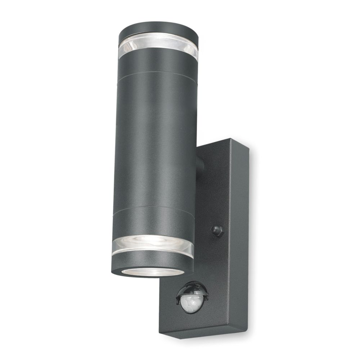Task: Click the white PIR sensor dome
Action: (x=190, y=303)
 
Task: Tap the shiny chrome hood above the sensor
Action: (x=190, y=288)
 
